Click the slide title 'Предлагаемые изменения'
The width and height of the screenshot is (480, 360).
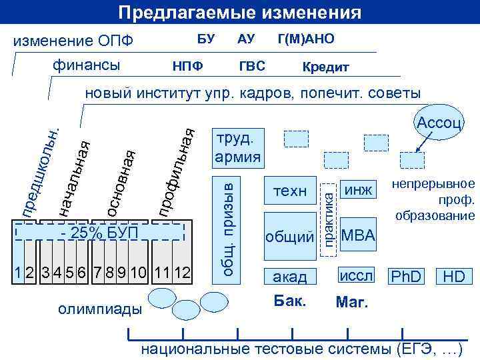pos(240,13)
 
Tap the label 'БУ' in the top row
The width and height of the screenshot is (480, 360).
pos(205,40)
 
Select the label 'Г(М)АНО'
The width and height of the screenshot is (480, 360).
pos(306,40)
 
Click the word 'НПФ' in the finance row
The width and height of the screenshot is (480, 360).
pos(188,67)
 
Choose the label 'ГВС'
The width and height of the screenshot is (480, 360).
pos(252,67)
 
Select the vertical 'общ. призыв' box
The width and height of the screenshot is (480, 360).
pos(228,221)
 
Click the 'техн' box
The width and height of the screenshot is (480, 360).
pos(290,191)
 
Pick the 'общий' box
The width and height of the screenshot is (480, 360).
pos(290,236)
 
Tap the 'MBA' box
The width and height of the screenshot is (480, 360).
pos(358,236)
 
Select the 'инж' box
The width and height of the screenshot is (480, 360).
pos(358,191)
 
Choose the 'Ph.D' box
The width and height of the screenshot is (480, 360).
pos(406,276)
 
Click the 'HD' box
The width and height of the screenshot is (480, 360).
pos(454,276)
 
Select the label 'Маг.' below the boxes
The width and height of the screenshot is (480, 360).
pos(351,303)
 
